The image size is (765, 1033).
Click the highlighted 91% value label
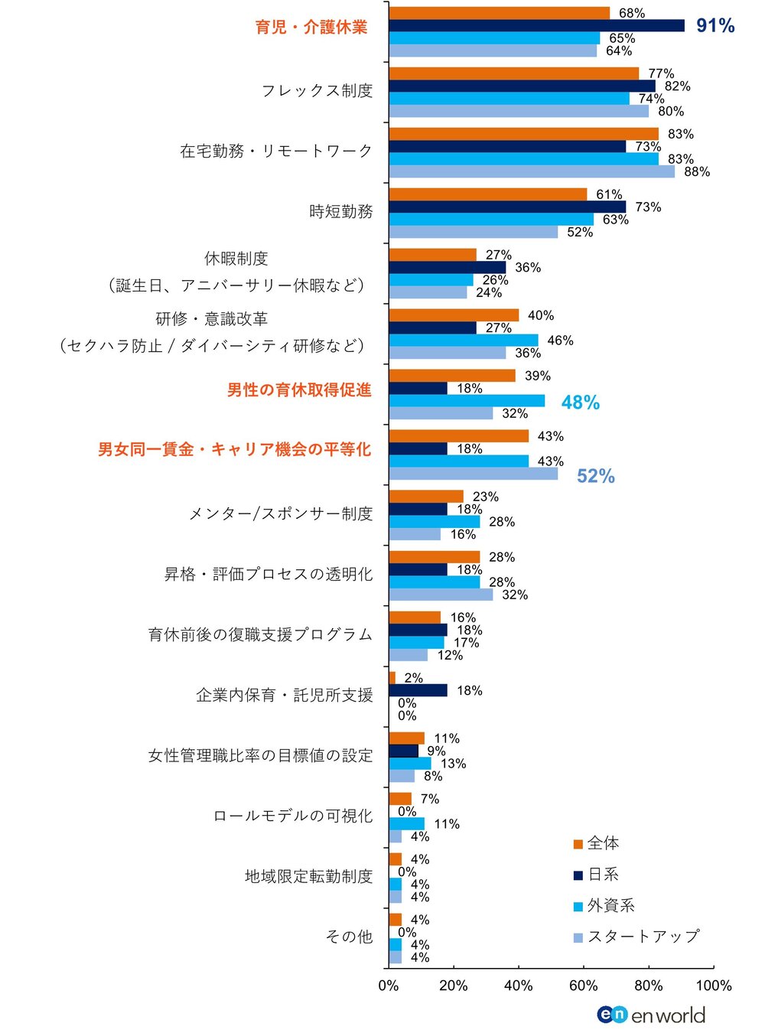pyautogui.click(x=715, y=26)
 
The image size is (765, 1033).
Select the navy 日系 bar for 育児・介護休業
pyautogui.click(x=535, y=26)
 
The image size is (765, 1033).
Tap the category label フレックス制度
pyautogui.click(x=317, y=90)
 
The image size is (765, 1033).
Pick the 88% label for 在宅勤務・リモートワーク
pyautogui.click(x=696, y=172)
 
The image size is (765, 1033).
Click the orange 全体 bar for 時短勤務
pyautogui.click(x=487, y=194)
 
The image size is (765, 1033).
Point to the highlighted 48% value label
pyautogui.click(x=580, y=402)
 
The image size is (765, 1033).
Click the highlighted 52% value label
pyautogui.click(x=595, y=476)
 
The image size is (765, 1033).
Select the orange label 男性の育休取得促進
pyautogui.click(x=299, y=389)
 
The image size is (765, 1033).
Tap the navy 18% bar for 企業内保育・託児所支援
pyautogui.click(x=418, y=690)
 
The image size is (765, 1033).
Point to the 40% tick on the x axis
pyautogui.click(x=518, y=986)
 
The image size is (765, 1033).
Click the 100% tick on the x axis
pyautogui.click(x=713, y=986)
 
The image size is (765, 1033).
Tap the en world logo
pyautogui.click(x=651, y=1015)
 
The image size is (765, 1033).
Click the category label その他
pyautogui.click(x=349, y=937)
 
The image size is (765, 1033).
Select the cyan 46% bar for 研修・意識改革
pyautogui.click(x=463, y=341)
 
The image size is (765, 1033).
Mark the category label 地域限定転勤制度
pyautogui.click(x=308, y=876)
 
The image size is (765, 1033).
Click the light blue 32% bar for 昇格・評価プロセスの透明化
pyautogui.click(x=441, y=595)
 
